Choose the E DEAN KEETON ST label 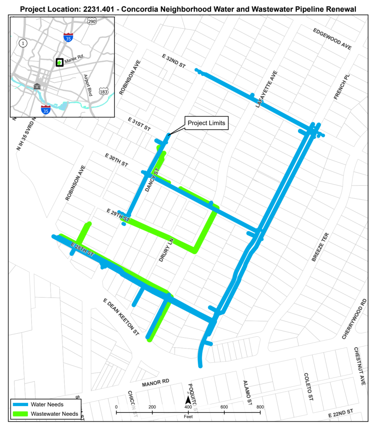point(121,317)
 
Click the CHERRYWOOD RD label point(354,319)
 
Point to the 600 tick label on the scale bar point(224,407)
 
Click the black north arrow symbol point(188,399)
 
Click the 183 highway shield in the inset point(103,91)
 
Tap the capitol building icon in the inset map point(37,86)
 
